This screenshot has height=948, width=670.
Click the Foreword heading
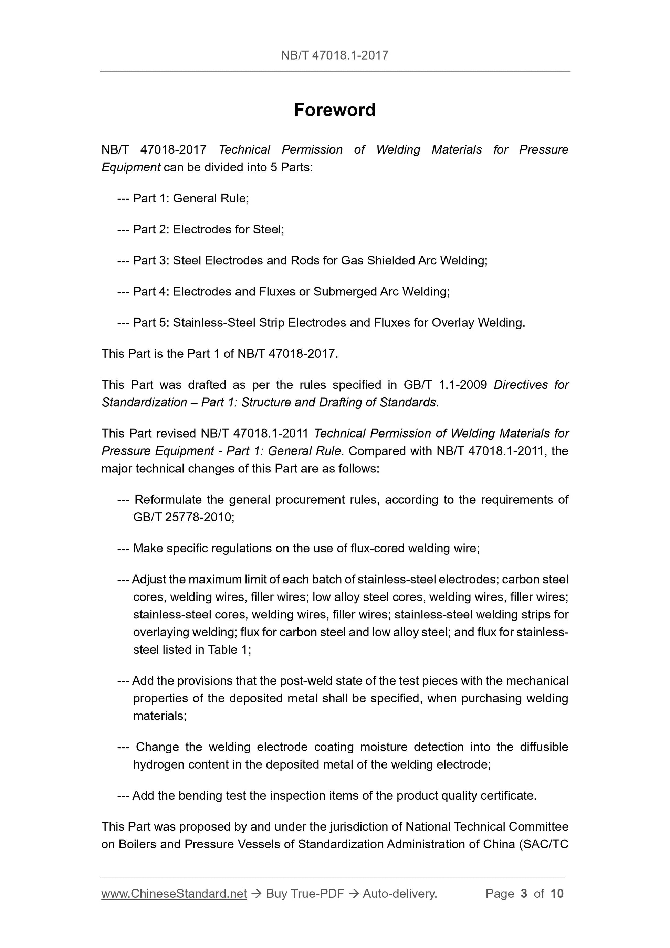(x=335, y=110)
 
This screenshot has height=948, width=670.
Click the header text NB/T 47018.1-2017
(x=335, y=55)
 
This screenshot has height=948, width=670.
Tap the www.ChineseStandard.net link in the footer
(x=174, y=894)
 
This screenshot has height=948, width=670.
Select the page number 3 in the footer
(x=524, y=894)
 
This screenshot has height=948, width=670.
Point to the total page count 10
(x=557, y=894)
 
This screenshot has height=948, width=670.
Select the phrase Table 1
(x=228, y=650)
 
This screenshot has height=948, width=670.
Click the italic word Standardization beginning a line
(x=145, y=403)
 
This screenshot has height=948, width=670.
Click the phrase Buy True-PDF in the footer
(x=305, y=894)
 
